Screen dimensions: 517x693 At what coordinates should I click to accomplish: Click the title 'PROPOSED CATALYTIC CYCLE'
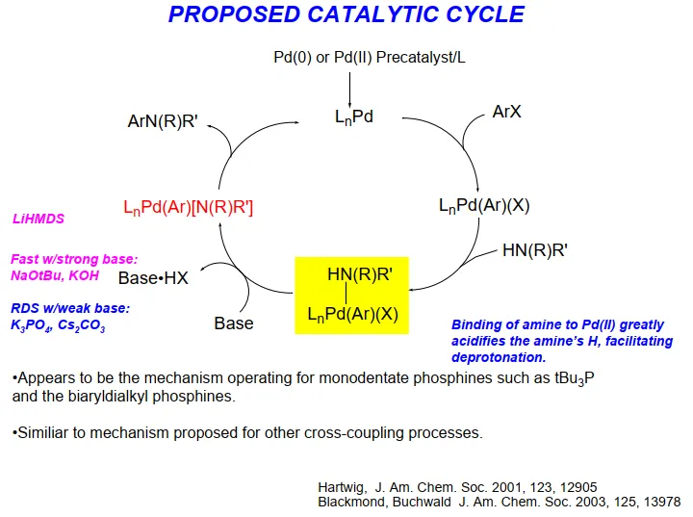pyautogui.click(x=346, y=15)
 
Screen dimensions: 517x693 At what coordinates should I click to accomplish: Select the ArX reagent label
pyautogui.click(x=506, y=112)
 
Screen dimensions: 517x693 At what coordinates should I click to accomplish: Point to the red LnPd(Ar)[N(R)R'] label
pyautogui.click(x=188, y=207)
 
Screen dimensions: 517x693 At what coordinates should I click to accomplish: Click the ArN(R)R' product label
pyautogui.click(x=168, y=121)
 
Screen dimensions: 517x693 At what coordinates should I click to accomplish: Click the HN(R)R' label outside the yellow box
pyautogui.click(x=534, y=251)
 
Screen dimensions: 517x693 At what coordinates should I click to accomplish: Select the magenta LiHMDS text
pyautogui.click(x=38, y=220)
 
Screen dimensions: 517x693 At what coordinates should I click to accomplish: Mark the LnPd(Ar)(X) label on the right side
pyautogui.click(x=484, y=205)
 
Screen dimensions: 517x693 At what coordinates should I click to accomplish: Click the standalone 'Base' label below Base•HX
pyautogui.click(x=234, y=323)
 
